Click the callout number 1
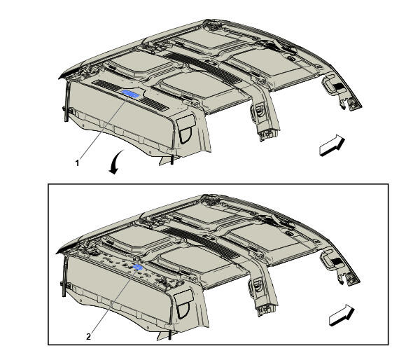click(77, 163)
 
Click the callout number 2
click(89, 337)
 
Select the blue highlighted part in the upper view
click(131, 93)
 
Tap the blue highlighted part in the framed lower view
click(138, 268)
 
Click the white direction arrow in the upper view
click(332, 146)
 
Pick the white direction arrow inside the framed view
click(342, 315)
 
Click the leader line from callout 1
click(104, 127)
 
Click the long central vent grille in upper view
click(203, 68)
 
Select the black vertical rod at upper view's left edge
click(66, 101)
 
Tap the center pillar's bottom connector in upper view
click(266, 134)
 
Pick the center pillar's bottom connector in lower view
click(264, 310)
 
